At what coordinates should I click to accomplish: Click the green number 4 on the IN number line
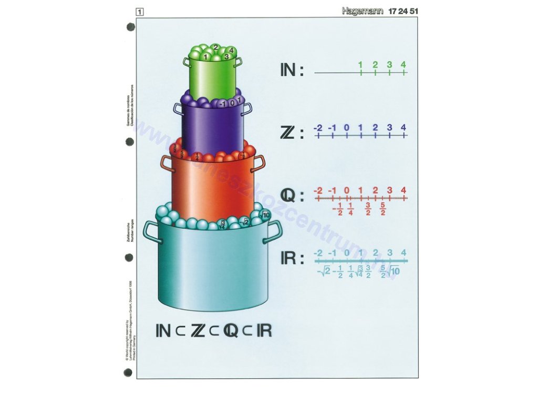click(403, 65)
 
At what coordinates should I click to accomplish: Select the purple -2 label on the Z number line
click(317, 127)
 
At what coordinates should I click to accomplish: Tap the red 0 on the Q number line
click(346, 190)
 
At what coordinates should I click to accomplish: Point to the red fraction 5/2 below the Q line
click(383, 208)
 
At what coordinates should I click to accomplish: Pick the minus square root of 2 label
click(324, 271)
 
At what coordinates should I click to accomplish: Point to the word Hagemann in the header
click(363, 11)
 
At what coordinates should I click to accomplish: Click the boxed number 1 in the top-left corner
click(140, 11)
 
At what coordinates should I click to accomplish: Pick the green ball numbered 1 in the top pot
click(206, 56)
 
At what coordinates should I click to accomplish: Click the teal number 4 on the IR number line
click(403, 253)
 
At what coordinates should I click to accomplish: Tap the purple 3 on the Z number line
click(389, 127)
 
